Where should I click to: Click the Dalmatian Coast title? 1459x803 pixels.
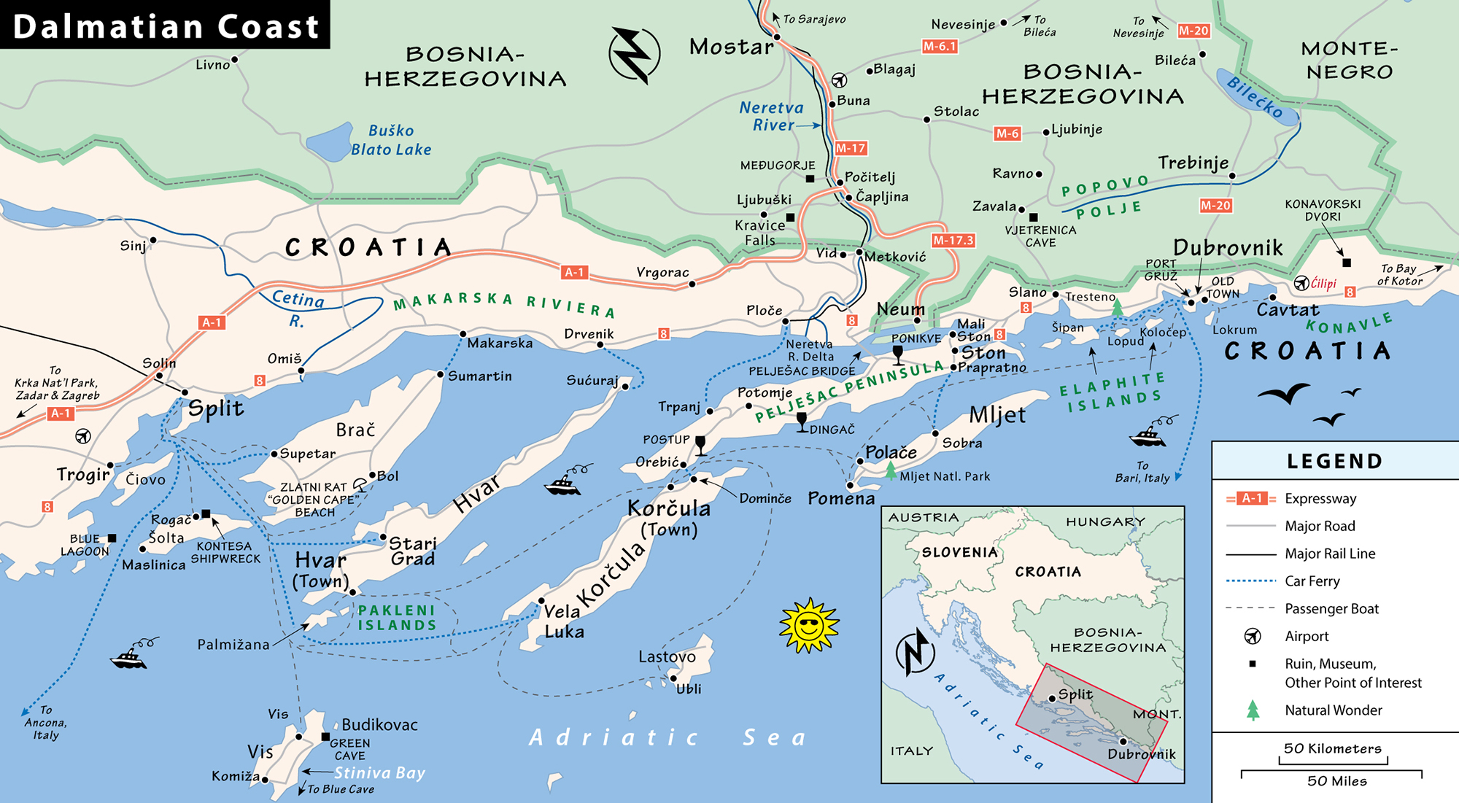(x=166, y=26)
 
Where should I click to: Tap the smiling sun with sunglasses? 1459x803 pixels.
(x=808, y=626)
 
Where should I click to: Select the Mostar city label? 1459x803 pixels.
(x=731, y=47)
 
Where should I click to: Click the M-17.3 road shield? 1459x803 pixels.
(x=953, y=240)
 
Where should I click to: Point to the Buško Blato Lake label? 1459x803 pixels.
(x=391, y=140)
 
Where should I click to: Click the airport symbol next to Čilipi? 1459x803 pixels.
(x=1301, y=283)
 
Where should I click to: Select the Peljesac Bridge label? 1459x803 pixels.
(x=802, y=371)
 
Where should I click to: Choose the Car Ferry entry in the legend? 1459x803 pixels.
(x=1312, y=581)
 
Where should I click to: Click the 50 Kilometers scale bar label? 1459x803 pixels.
(x=1332, y=749)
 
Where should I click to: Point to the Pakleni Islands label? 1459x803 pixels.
(x=397, y=618)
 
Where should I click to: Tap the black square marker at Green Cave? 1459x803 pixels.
(x=325, y=737)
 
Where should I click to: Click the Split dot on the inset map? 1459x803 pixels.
(x=1052, y=699)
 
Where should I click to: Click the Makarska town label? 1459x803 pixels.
(x=500, y=343)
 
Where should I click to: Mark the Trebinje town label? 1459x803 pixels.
(x=1193, y=163)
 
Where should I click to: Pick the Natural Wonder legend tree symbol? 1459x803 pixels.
(x=1253, y=710)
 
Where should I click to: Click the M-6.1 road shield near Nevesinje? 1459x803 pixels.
(x=939, y=47)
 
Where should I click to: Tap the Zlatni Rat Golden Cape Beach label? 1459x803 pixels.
(x=314, y=500)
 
